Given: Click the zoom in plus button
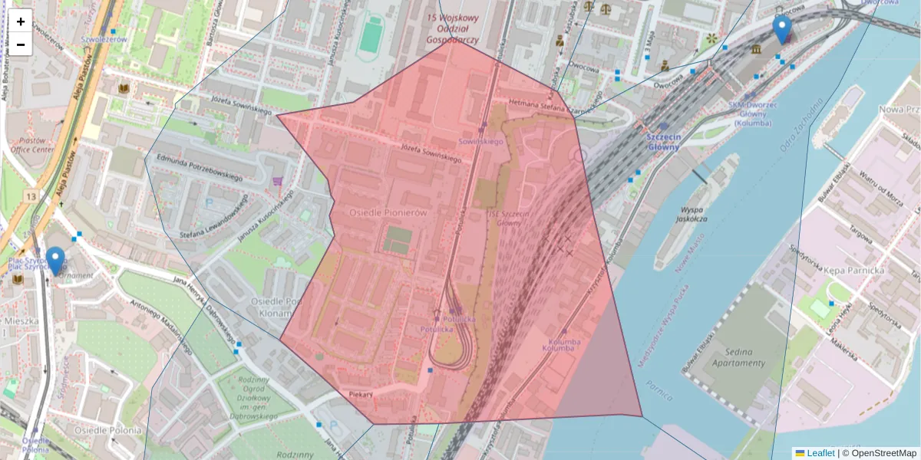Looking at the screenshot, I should [x=21, y=21].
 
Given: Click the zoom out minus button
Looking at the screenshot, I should [x=21, y=44].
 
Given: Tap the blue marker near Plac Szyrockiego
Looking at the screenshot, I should [x=54, y=260].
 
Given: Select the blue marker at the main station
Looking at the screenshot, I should [x=782, y=29].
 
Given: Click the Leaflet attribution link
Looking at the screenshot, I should [x=820, y=453].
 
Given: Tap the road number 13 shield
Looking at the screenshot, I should [x=30, y=197].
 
